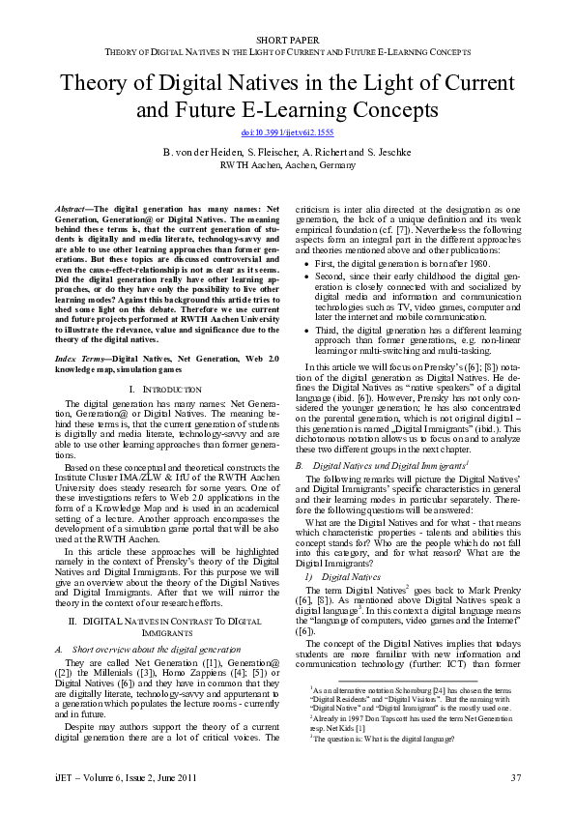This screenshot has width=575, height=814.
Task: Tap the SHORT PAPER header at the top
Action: coord(287,36)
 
